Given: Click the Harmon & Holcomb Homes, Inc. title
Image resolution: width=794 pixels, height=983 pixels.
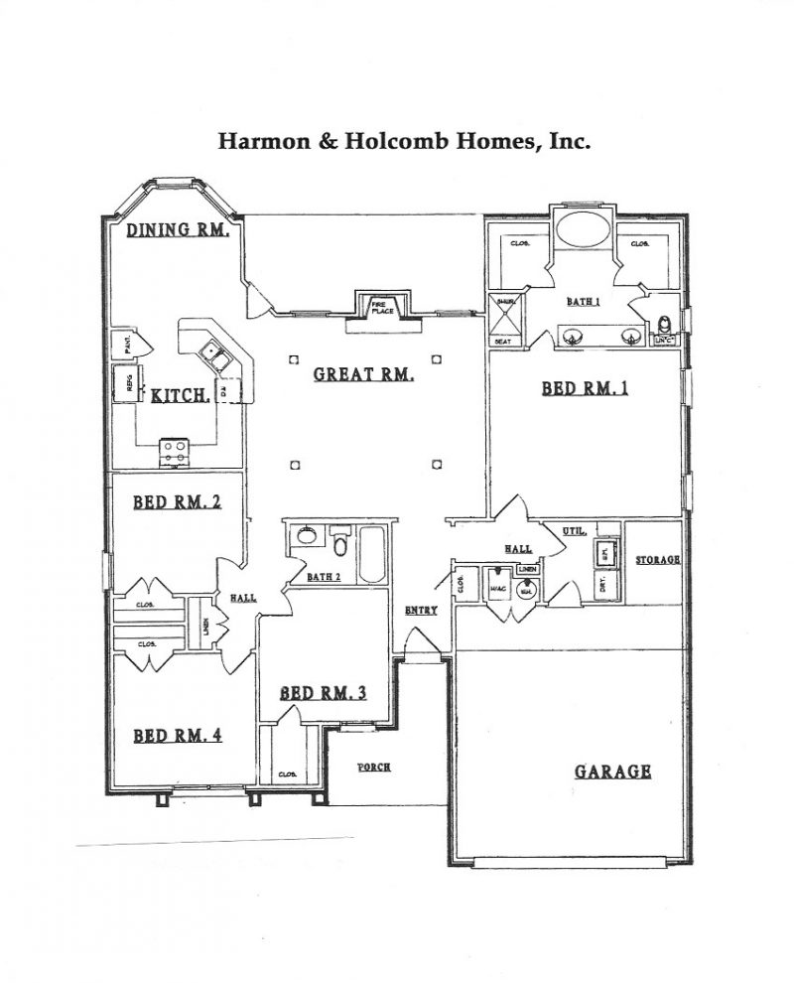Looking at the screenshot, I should point(404,141).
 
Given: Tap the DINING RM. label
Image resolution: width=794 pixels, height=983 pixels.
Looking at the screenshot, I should point(180,230).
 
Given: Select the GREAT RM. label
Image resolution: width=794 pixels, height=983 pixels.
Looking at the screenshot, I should point(363,374).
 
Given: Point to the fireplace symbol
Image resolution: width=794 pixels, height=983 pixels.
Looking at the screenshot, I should point(383,308).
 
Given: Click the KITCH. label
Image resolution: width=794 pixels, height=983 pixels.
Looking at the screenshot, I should point(180,396).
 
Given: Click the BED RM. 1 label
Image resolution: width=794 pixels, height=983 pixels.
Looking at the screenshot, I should point(585,388).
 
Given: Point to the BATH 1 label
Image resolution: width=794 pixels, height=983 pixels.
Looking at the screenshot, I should point(583,302).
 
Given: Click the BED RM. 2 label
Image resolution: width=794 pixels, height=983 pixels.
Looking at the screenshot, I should point(177,502).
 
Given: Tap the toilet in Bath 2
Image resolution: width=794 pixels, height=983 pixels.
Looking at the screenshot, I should point(340,545).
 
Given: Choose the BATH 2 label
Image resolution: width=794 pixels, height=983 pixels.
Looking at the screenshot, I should point(324,577).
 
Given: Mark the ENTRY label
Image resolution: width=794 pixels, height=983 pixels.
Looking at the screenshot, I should point(421,611).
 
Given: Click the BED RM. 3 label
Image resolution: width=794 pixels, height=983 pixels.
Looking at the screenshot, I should point(323,693).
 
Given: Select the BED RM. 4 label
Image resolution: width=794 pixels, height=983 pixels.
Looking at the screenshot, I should point(177,736).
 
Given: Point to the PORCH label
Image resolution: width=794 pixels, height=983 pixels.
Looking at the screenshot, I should point(374,768).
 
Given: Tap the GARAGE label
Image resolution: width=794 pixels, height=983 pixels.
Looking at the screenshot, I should point(612,771).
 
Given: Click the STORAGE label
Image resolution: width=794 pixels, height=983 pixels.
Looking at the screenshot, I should point(658,560).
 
